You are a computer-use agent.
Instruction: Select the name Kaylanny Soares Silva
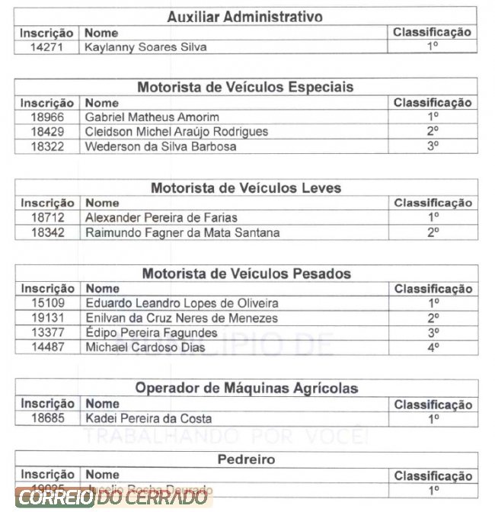click(145, 47)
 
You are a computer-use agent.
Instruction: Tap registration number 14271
click(47, 47)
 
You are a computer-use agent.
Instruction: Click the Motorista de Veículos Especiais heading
click(245, 87)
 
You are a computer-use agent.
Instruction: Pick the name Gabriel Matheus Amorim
click(152, 117)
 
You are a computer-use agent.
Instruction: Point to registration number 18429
click(47, 132)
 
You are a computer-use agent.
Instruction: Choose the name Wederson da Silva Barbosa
click(161, 146)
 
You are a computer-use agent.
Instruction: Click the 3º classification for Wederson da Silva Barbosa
click(433, 146)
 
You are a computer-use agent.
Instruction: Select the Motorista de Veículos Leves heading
click(245, 188)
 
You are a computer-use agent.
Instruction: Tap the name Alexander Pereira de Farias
click(161, 218)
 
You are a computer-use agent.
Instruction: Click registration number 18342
click(47, 232)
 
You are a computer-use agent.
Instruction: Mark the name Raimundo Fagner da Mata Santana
click(182, 232)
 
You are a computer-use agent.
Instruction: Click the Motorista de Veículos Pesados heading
click(246, 274)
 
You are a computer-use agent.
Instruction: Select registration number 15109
click(47, 303)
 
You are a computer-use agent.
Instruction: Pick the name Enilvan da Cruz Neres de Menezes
click(181, 318)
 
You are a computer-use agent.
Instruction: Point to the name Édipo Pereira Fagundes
click(151, 333)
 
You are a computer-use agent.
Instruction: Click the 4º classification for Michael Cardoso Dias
click(433, 347)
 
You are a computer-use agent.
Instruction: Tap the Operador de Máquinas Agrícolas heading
click(246, 388)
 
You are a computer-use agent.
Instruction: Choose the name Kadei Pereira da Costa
click(148, 418)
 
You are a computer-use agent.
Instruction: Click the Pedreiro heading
click(246, 459)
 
